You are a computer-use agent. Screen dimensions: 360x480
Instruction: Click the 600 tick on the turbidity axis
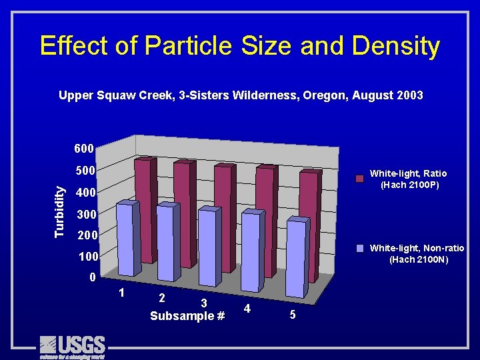point(84,147)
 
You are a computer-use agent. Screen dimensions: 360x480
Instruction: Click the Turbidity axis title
point(60,211)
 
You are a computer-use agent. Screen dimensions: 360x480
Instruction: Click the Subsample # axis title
point(187,315)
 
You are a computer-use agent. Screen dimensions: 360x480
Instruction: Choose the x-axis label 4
point(247,309)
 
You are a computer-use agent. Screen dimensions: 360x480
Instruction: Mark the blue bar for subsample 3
point(207,247)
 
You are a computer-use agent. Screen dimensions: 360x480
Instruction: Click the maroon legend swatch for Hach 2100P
point(359,179)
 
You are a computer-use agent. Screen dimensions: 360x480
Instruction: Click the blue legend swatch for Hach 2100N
point(359,249)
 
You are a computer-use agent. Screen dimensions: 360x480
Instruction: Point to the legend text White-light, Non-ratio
point(417,248)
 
